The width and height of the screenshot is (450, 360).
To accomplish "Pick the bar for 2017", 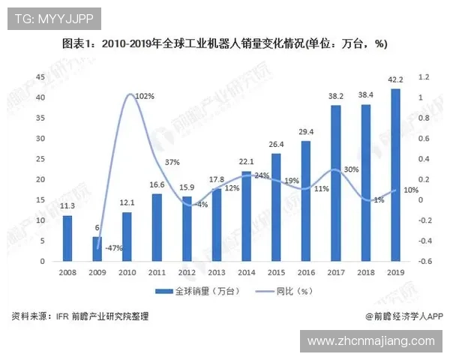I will click(x=335, y=183).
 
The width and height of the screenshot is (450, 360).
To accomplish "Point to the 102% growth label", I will click(x=145, y=97).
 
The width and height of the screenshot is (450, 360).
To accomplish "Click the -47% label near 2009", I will click(x=114, y=247).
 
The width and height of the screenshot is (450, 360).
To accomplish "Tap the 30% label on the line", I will click(x=351, y=169).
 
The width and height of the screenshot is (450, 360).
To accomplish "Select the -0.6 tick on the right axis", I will click(x=425, y=261).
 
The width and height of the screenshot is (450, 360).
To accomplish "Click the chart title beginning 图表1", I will click(x=225, y=43).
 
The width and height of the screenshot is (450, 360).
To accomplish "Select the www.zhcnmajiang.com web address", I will click(x=370, y=341).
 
